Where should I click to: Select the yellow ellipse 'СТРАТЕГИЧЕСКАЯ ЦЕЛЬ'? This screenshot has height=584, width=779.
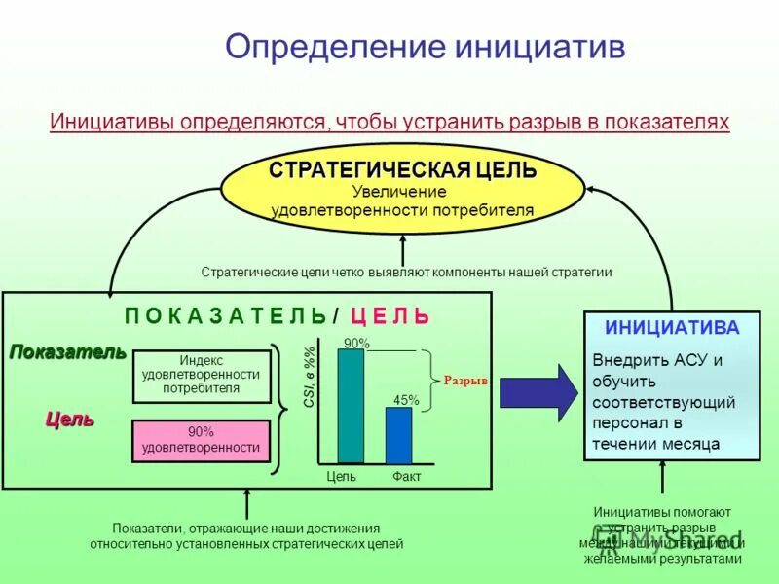point(402,189)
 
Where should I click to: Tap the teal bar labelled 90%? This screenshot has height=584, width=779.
point(351,406)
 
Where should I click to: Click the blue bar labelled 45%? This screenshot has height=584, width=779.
point(398,435)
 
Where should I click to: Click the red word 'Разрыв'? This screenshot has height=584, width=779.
point(465,381)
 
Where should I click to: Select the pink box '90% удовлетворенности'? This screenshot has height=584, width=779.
point(202,441)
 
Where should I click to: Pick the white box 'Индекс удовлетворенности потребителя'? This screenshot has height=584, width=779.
point(202,376)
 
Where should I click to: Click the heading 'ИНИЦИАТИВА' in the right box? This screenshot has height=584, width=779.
point(672,328)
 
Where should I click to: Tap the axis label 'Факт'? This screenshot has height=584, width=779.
point(406,476)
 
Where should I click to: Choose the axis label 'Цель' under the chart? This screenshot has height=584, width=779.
point(341,476)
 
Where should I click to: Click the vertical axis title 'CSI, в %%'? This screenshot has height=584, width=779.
point(310,378)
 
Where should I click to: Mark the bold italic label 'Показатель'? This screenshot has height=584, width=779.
point(68,352)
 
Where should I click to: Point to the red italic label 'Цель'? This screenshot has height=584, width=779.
point(70,420)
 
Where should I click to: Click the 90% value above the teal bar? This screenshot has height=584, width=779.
point(356,343)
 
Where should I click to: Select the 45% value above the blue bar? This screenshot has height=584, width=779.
point(406,400)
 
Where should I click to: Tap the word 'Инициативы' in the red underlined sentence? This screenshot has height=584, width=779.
point(109,123)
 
